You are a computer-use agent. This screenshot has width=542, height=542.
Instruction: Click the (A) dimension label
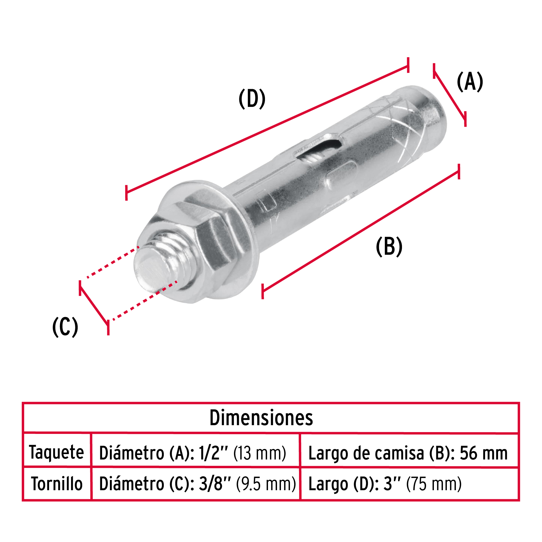[470, 82]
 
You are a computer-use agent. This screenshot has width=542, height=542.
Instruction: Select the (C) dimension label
[65, 327]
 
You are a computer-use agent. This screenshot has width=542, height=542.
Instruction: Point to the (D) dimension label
[252, 99]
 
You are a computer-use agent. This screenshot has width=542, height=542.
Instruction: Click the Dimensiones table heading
[261, 418]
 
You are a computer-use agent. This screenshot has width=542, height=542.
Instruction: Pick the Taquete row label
[56, 452]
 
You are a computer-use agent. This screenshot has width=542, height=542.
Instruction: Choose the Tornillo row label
[57, 484]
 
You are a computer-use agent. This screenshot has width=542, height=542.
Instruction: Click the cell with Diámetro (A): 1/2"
[193, 453]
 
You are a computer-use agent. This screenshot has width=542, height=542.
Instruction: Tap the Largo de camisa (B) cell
[408, 453]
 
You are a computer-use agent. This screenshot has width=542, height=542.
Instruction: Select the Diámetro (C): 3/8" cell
[197, 484]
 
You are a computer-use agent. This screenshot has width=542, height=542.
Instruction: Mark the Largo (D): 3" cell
[385, 484]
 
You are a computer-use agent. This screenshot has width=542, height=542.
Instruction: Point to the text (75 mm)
[434, 484]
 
